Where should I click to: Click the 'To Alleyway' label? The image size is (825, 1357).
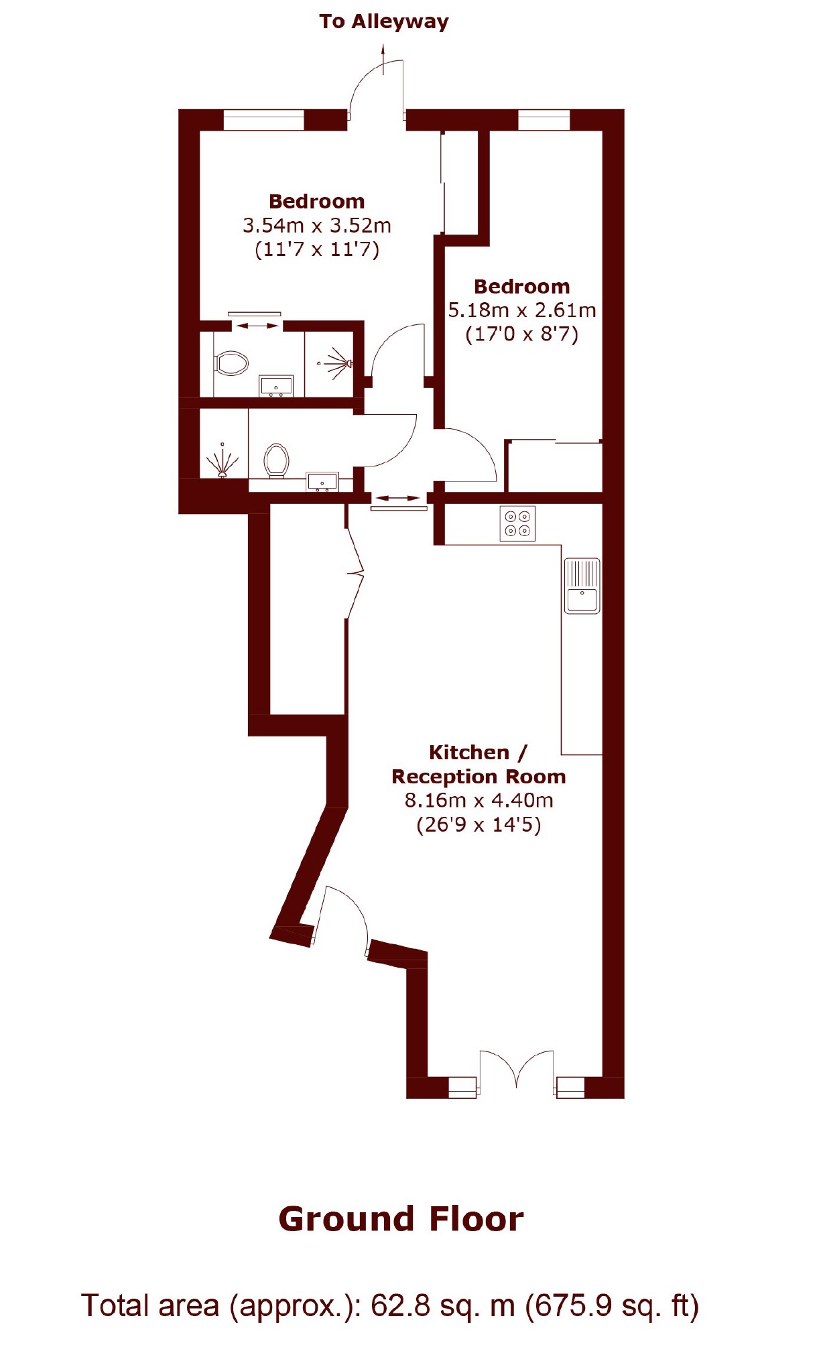[x=383, y=22]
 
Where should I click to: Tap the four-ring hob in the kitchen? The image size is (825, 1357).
[x=517, y=523]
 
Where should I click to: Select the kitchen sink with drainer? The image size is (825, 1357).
[x=582, y=586]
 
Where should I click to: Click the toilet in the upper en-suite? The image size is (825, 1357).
[x=232, y=363]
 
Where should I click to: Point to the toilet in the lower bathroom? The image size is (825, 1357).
[x=276, y=460]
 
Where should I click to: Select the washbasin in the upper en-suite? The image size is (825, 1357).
[x=276, y=386]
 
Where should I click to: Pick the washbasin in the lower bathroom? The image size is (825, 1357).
[x=322, y=482]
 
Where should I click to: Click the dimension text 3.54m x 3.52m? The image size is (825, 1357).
[x=316, y=226]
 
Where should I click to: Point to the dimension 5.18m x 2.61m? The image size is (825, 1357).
[x=521, y=310]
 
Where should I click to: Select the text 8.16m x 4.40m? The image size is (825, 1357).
[x=479, y=800]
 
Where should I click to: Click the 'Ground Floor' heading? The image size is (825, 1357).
[x=401, y=1219]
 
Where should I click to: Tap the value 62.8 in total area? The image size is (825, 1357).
[x=400, y=1305]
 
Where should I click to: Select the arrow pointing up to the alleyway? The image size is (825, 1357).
[x=383, y=59]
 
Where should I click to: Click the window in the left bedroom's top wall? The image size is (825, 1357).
[x=263, y=119]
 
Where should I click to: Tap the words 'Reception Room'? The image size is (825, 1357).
[x=479, y=777]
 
